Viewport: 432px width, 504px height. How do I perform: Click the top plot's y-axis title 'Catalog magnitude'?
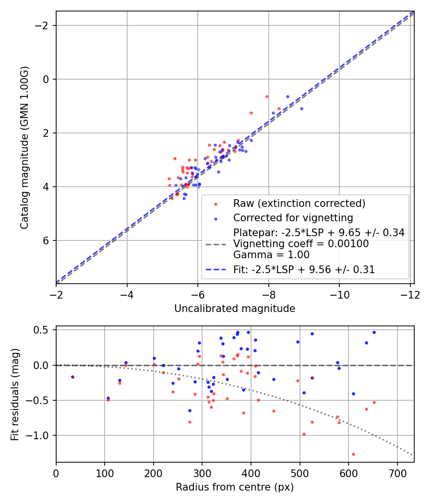click(24, 147)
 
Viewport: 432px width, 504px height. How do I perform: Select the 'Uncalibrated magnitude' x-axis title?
click(235, 309)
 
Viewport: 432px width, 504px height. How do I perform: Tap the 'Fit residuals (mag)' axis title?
click(15, 394)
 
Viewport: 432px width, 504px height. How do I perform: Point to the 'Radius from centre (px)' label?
click(235, 487)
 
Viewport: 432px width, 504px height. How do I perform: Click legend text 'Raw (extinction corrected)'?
click(300, 204)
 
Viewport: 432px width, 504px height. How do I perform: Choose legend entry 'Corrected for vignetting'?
click(293, 218)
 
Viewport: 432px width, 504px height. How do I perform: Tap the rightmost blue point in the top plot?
click(301, 108)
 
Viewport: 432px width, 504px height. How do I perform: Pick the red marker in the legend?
click(216, 204)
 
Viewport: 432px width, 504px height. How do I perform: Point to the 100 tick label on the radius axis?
click(105, 473)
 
